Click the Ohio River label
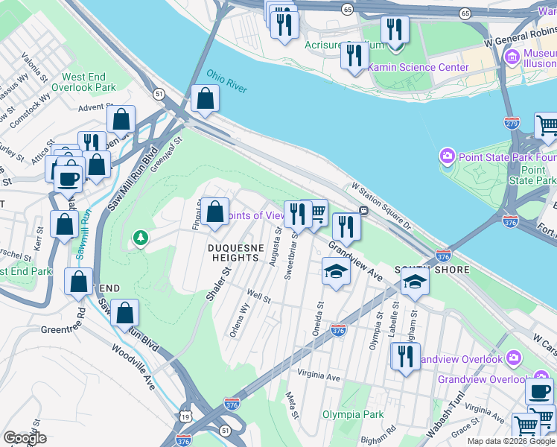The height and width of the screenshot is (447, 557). point(226,81)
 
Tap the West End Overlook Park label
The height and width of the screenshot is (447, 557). point(89,82)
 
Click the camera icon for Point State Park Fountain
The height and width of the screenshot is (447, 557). point(447,156)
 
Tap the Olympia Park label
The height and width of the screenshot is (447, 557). point(352,414)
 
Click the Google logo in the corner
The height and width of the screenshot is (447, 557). point(25,438)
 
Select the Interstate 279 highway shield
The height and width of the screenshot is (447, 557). point(512,121)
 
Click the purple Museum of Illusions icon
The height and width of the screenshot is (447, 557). point(511,57)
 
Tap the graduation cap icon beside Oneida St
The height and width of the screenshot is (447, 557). point(336,272)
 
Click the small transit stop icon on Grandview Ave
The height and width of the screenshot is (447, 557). point(363,211)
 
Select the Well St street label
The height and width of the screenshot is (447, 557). point(258,298)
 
